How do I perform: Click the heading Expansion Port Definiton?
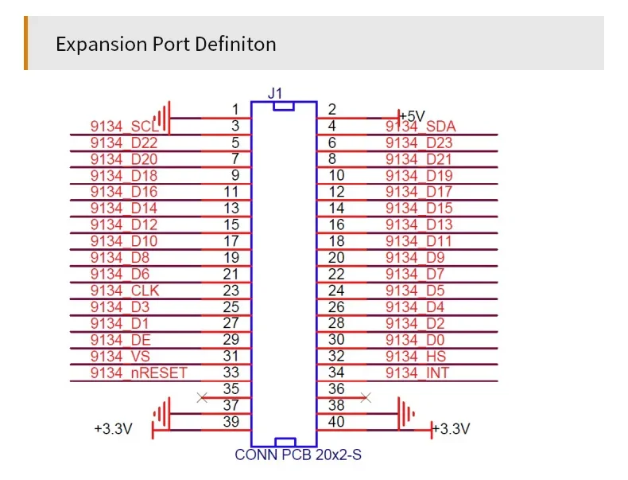(165, 43)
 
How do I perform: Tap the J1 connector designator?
(275, 93)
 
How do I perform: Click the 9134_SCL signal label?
(124, 127)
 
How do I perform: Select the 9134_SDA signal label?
(421, 127)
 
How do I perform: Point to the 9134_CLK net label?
(125, 291)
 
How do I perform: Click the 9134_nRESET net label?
(138, 373)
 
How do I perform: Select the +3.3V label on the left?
(113, 429)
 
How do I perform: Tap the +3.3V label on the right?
(455, 429)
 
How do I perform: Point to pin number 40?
(336, 422)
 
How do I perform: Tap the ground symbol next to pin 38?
(405, 412)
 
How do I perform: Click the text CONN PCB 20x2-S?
(298, 455)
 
